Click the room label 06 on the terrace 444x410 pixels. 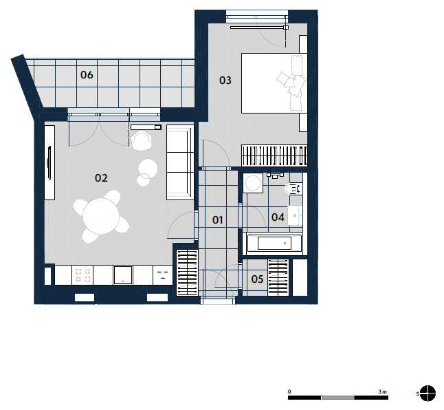(87, 75)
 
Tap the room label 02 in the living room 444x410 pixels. (101, 178)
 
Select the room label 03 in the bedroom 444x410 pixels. (225, 80)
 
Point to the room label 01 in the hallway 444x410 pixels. (217, 220)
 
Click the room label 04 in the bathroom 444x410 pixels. (278, 217)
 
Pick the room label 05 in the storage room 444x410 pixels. (257, 279)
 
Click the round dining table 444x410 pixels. (101, 216)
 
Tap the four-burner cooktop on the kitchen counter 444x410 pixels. (82, 275)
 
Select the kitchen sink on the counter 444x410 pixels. (123, 275)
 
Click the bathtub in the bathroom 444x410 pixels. (274, 244)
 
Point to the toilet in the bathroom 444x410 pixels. (293, 189)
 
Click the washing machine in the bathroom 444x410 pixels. (253, 183)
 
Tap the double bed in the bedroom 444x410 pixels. (274, 83)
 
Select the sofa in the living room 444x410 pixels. (180, 162)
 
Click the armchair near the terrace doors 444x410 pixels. (142, 140)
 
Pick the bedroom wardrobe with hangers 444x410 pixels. (274, 155)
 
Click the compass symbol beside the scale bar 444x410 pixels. (428, 393)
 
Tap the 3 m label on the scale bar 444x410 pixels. (382, 392)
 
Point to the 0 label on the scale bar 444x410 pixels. (289, 392)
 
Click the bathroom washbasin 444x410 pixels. (295, 215)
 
